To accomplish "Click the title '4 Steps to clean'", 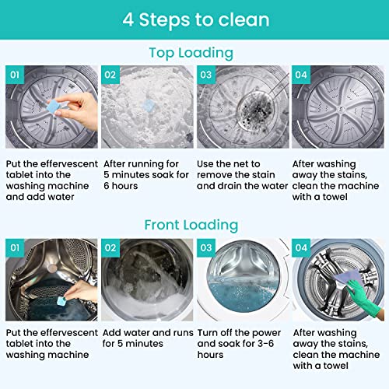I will tap(194, 19).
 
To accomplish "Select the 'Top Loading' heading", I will tap(191, 53).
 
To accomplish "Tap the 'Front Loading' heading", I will tap(191, 225).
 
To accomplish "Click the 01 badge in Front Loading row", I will tap(15, 247).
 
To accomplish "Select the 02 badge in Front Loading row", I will tap(110, 247).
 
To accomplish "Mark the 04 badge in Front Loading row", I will tap(301, 247).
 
